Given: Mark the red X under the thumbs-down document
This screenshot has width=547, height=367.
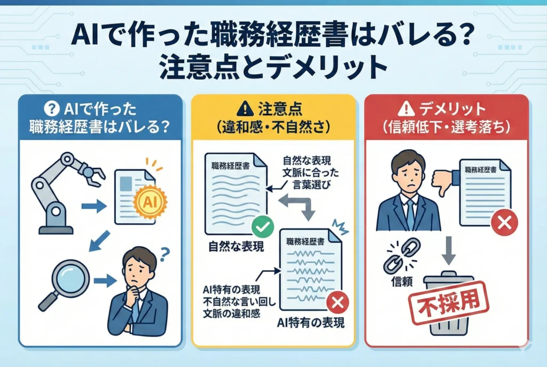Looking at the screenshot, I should pyautogui.click(x=503, y=223).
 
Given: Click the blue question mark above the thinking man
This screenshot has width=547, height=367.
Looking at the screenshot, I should pyautogui.click(x=165, y=251).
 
